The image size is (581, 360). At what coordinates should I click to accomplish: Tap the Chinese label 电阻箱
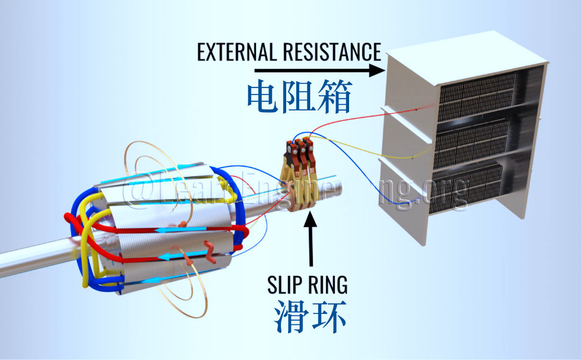click(300, 96)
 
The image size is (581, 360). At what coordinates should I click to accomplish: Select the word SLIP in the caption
click(285, 285)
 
